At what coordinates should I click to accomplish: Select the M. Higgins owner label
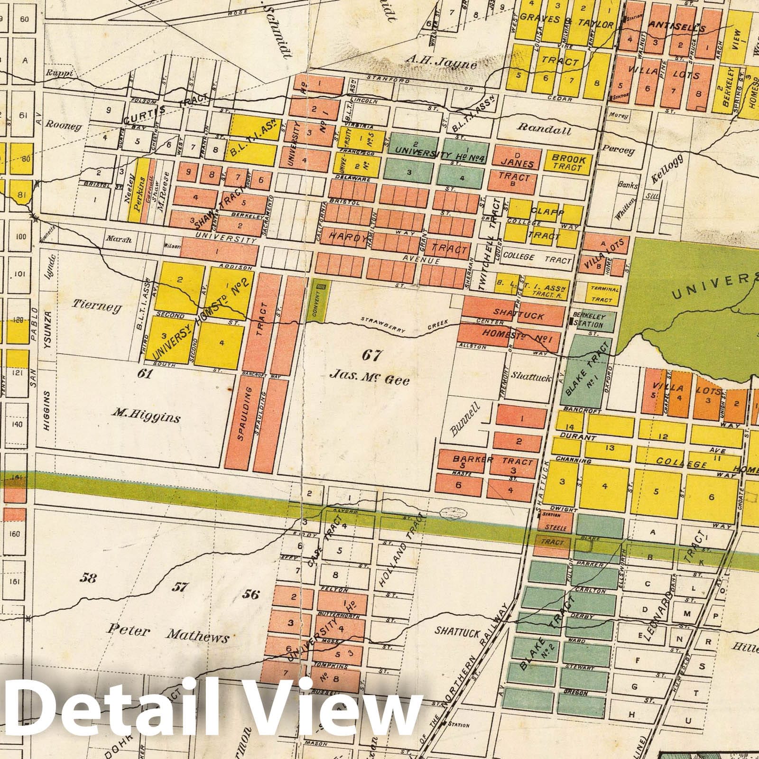[147, 418]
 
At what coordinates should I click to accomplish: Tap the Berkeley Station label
[588, 322]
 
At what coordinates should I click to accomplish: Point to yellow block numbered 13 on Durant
[610, 447]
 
